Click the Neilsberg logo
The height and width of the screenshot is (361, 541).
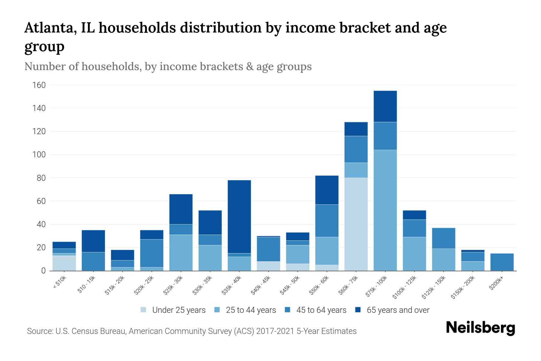480,328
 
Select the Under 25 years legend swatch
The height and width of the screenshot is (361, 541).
144,310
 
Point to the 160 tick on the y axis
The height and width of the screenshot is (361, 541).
39,85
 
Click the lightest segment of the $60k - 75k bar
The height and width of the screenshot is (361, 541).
356,224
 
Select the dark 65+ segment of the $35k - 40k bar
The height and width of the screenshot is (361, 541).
239,217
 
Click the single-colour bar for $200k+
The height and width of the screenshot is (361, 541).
502,262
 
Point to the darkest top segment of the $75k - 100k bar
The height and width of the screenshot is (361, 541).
385,106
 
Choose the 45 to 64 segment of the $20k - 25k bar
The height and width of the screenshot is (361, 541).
151,253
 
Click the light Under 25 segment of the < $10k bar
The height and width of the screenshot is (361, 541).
64,263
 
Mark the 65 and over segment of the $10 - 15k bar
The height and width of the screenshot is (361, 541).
93,241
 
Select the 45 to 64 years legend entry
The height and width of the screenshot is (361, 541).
321,310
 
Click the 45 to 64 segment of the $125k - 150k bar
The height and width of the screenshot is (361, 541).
443,238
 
